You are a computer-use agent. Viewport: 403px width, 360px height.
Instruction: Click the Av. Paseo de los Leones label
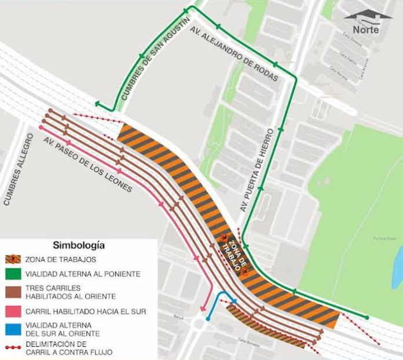click(x=87, y=166)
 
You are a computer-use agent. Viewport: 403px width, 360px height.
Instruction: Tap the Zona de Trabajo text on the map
click(x=232, y=254)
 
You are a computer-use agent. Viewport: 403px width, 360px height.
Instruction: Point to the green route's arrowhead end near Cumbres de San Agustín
click(x=97, y=104)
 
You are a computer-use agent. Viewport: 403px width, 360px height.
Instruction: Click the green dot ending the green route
click(x=367, y=317)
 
